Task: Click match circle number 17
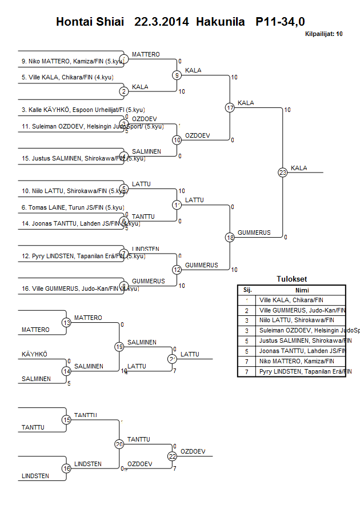click(230, 107)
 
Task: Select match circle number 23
click(282, 172)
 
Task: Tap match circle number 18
click(230, 238)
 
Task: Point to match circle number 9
click(177, 75)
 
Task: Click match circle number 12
click(177, 270)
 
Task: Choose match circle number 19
click(119, 347)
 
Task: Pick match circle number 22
click(172, 456)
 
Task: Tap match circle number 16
click(66, 468)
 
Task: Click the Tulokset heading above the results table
click(291, 279)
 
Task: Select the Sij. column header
click(247, 290)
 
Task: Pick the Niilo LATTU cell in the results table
click(297, 320)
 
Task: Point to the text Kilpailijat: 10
click(324, 34)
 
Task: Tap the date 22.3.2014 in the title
click(162, 22)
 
